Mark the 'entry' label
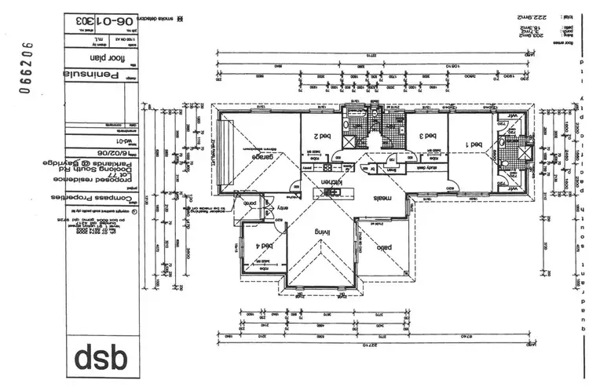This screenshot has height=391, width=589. click(281, 206)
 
